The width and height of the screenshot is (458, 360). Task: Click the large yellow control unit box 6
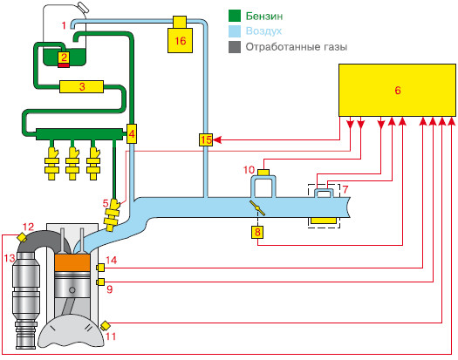click(x=397, y=91)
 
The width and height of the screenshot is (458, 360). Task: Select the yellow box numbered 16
click(x=180, y=40)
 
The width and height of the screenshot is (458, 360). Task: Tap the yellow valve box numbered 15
click(x=206, y=139)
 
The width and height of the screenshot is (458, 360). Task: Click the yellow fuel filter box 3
click(x=81, y=86)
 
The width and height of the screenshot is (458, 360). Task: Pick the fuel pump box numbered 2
click(x=64, y=59)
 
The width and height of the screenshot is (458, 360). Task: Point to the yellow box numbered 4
click(x=132, y=133)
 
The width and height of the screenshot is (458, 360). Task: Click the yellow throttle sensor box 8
click(x=257, y=232)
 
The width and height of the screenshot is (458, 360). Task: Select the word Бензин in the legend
click(x=264, y=16)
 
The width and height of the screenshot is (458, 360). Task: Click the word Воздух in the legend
click(x=263, y=31)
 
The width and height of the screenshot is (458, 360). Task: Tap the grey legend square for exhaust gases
click(x=235, y=47)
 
